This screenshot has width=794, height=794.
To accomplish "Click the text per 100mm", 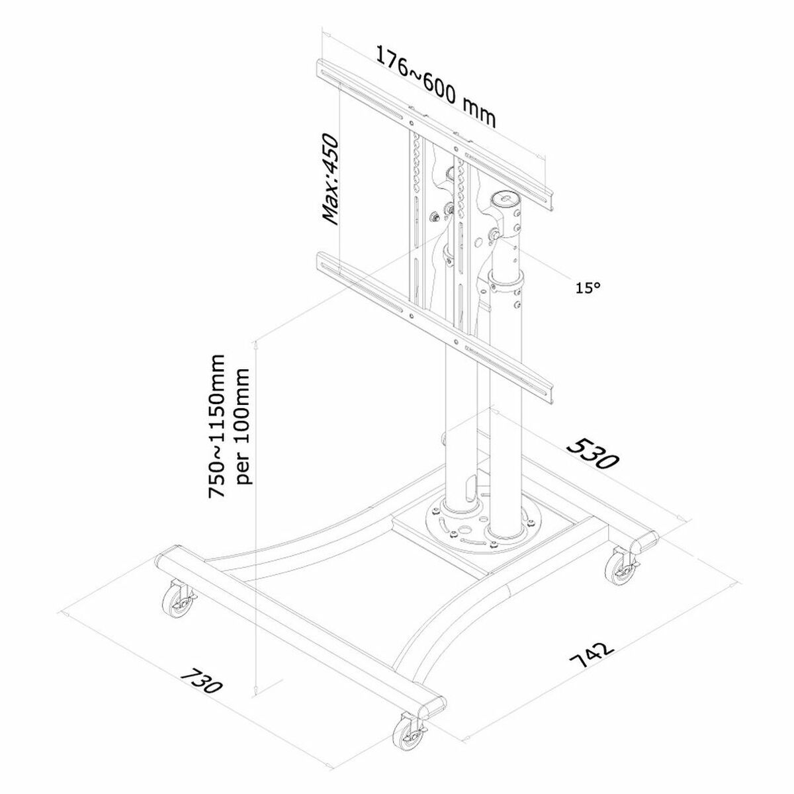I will coord(242,427).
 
